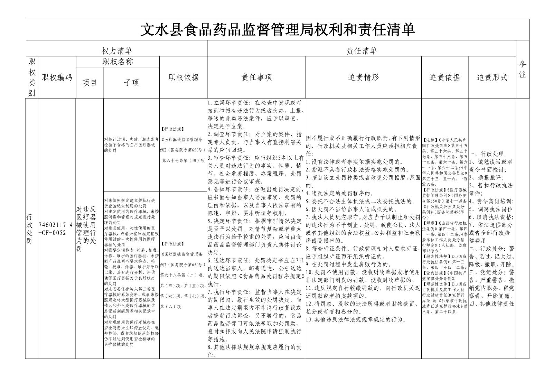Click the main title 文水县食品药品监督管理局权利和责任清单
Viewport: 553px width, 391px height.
(x=278, y=30)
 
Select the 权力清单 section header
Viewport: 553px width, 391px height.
(x=117, y=51)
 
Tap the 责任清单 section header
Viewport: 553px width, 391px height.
(x=362, y=51)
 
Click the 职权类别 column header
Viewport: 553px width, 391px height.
(x=32, y=77)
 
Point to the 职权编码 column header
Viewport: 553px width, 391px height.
(x=57, y=77)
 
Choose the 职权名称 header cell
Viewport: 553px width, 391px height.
(x=118, y=62)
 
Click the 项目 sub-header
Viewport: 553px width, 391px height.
(x=90, y=83)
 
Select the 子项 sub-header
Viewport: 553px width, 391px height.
(x=131, y=83)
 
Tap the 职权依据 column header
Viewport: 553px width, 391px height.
(x=184, y=77)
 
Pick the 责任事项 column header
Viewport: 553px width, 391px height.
(x=256, y=77)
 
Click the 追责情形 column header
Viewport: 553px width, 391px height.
(x=363, y=77)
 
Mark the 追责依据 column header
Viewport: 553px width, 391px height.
(x=444, y=77)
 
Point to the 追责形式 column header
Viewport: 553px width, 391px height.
(x=492, y=77)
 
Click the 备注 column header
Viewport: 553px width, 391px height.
(x=522, y=69)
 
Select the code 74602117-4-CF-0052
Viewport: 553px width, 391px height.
(x=56, y=229)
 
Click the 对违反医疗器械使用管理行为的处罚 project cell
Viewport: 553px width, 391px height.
(x=86, y=229)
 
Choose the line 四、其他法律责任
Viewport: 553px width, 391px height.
(x=491, y=304)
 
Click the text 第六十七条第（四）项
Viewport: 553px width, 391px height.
(x=183, y=160)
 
